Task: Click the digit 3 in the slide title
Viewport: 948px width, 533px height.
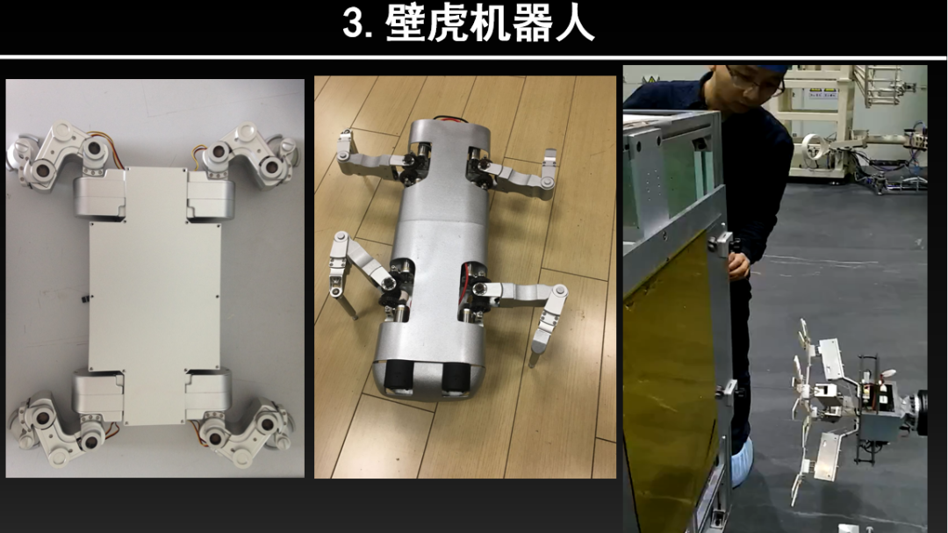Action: point(353,25)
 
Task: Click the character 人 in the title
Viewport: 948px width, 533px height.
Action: point(574,25)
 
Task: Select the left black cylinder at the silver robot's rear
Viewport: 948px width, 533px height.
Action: point(399,378)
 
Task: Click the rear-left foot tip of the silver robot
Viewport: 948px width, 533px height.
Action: point(355,315)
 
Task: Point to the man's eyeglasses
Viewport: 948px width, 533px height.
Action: point(757,83)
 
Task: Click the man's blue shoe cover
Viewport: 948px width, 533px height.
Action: point(743,460)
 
